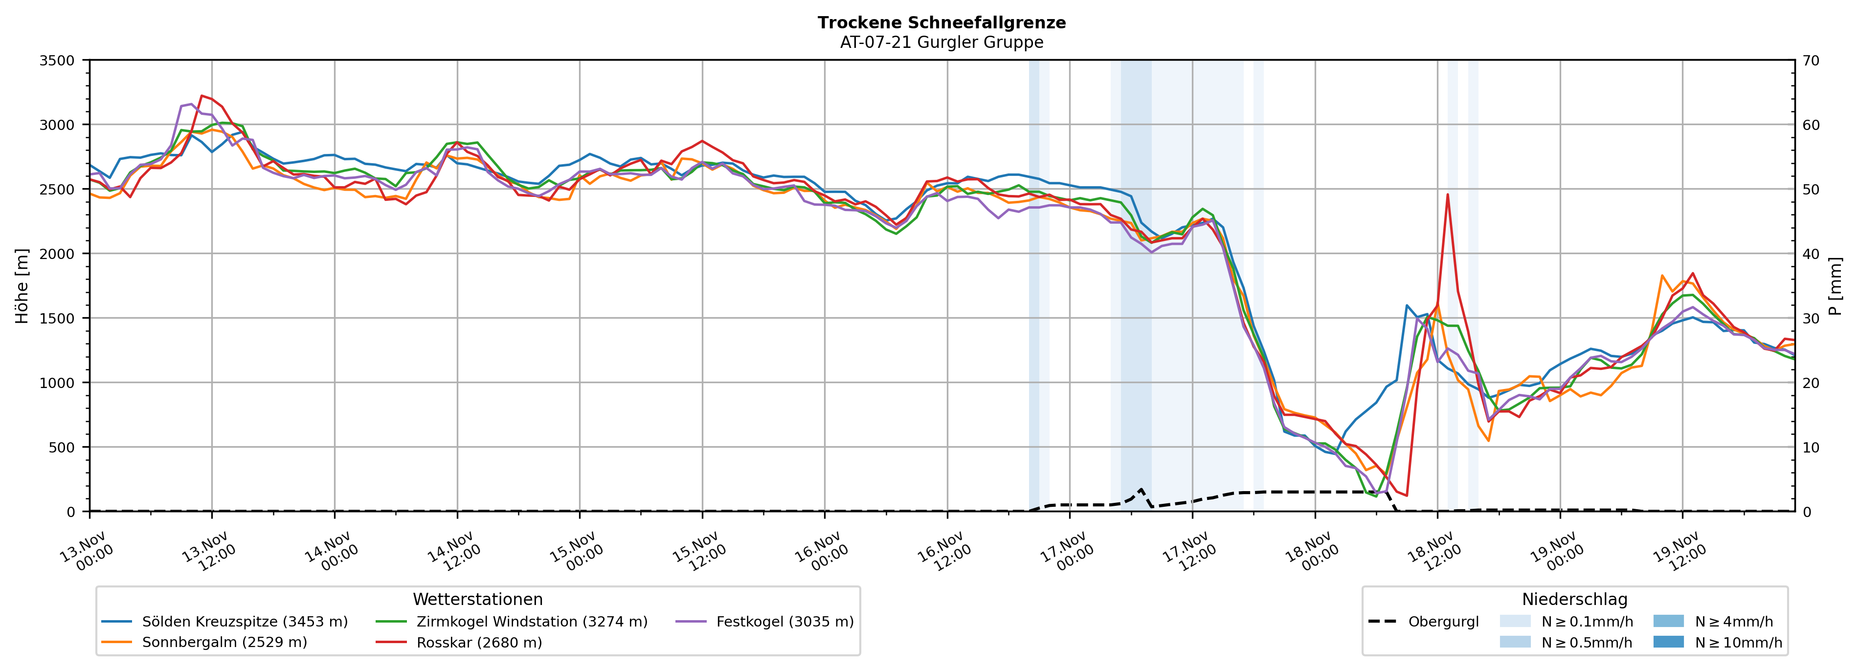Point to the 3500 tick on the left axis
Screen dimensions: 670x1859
[x=57, y=61]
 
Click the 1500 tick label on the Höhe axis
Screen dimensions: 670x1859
[x=57, y=318]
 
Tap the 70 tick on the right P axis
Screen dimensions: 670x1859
[x=1811, y=61]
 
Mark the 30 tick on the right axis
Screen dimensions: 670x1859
[x=1811, y=318]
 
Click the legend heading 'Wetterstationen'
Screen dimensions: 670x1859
[x=478, y=599]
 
